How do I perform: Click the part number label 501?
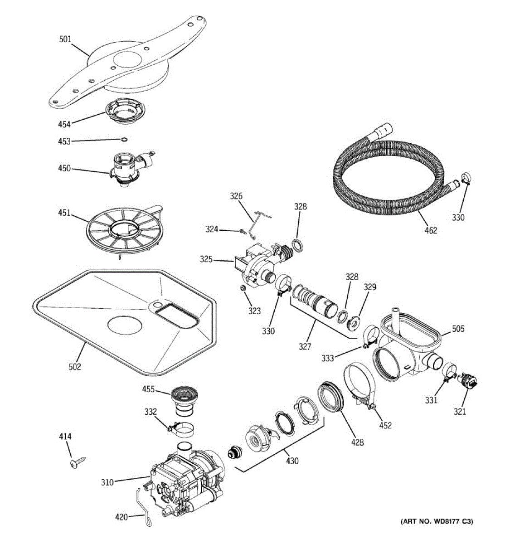pos(65,39)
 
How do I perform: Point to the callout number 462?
pos(431,230)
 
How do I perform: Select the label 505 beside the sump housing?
pos(458,329)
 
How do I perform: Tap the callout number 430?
pos(292,461)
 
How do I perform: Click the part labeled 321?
pos(468,381)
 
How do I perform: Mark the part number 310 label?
pos(107,482)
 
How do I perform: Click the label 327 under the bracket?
pos(305,346)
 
